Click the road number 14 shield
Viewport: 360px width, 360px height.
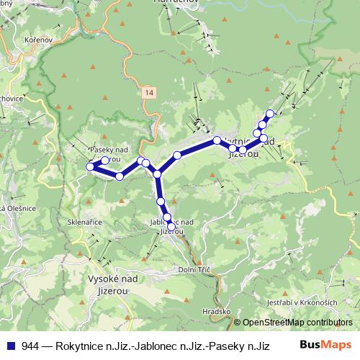pyautogui.click(x=148, y=94)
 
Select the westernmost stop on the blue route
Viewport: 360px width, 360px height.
pyautogui.click(x=90, y=166)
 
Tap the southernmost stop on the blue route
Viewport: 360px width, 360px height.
pyautogui.click(x=171, y=226)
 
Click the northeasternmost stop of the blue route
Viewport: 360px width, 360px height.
pyautogui.click(x=270, y=113)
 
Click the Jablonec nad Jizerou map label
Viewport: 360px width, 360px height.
pyautogui.click(x=174, y=226)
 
